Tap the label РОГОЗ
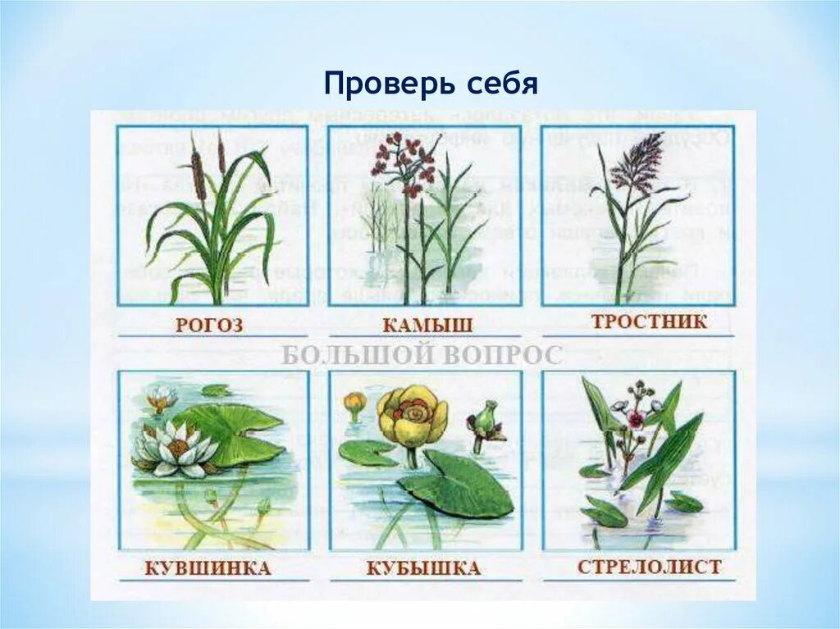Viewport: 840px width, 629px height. coord(209,325)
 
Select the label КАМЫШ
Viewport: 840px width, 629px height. coord(427,325)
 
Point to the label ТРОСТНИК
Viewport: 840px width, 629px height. coord(649,321)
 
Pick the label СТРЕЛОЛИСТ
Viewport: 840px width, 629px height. coord(649,567)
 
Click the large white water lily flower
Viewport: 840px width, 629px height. coord(175,447)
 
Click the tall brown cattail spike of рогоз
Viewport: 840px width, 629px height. coord(197,174)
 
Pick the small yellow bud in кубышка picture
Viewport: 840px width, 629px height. coord(354,403)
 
